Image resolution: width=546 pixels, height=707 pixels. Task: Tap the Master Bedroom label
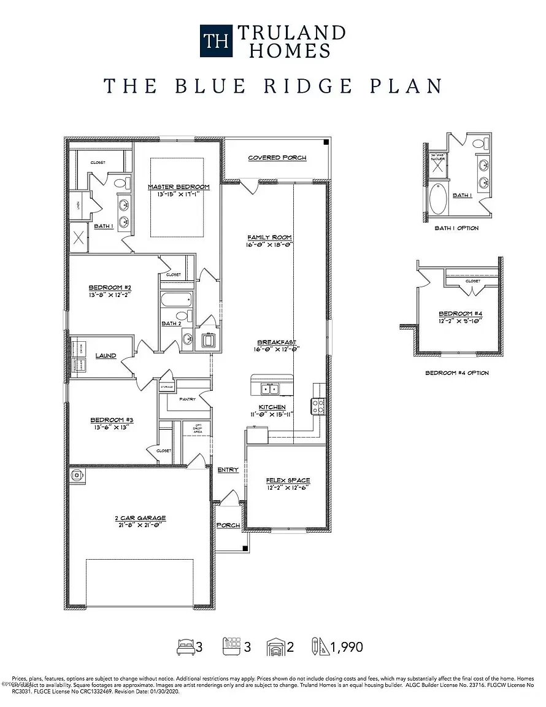point(179,187)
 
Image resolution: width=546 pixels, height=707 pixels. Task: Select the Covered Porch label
point(277,158)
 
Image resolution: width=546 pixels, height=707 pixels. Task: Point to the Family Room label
point(269,237)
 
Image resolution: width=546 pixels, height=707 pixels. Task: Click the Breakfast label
point(277,342)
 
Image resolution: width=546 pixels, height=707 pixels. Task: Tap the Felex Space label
point(287,480)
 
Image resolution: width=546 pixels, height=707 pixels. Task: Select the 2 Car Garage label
point(140,518)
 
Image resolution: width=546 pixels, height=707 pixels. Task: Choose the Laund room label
point(106,355)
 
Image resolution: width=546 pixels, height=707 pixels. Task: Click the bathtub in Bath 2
point(176,301)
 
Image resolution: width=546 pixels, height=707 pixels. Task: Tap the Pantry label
point(187,399)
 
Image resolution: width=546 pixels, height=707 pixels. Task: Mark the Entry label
point(228,469)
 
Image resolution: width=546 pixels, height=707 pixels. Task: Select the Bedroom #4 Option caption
point(457,373)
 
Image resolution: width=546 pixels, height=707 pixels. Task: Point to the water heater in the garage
point(77,474)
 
